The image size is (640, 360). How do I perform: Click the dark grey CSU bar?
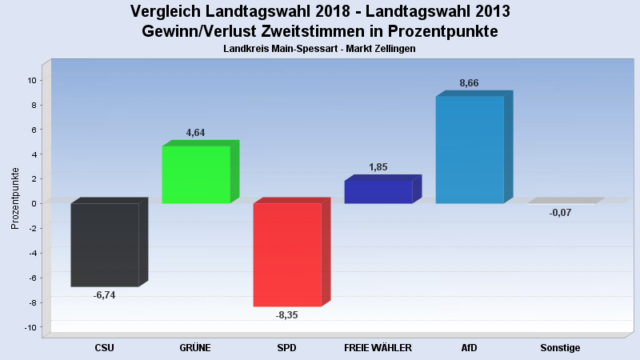pyautogui.click(x=105, y=244)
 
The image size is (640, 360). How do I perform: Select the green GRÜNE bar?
pyautogui.click(x=196, y=174)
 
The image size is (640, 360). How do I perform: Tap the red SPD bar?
pyautogui.click(x=287, y=254)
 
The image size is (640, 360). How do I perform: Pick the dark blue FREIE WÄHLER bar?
pyautogui.click(x=378, y=192)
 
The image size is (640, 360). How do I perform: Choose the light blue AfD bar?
pyautogui.click(x=470, y=150)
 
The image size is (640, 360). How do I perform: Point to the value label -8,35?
pyautogui.click(x=286, y=315)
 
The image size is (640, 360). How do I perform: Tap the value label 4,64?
pyautogui.click(x=196, y=133)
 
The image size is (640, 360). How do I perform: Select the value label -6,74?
pyautogui.click(x=105, y=295)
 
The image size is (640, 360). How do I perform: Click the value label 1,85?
pyautogui.click(x=378, y=167)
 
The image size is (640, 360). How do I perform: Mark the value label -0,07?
pyautogui.click(x=560, y=212)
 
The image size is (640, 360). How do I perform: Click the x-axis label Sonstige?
pyautogui.click(x=560, y=348)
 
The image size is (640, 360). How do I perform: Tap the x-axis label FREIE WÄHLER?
pyautogui.click(x=378, y=348)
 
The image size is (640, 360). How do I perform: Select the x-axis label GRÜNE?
pyautogui.click(x=196, y=348)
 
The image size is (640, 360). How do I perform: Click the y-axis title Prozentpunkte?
pyautogui.click(x=15, y=198)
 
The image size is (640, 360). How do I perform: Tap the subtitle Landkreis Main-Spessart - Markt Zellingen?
pyautogui.click(x=320, y=49)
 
